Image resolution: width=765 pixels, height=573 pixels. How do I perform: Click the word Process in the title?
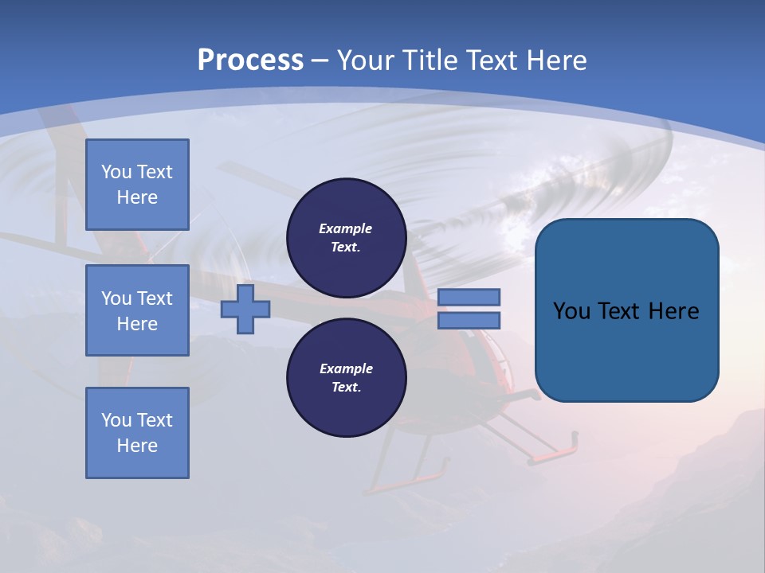(250, 60)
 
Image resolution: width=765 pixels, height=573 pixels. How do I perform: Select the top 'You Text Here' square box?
(137, 185)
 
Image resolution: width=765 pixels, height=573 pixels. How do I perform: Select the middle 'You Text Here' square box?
(137, 310)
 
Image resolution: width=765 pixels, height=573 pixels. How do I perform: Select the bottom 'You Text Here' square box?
(137, 432)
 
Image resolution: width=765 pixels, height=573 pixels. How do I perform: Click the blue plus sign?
(245, 309)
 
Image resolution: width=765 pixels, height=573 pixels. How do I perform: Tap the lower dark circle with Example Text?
(346, 378)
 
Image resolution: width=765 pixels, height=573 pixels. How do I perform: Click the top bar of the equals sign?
(469, 297)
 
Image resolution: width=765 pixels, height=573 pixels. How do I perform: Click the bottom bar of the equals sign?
(469, 321)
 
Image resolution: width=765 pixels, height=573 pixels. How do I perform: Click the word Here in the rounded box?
(673, 311)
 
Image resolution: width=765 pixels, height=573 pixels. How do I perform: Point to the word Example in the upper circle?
(346, 228)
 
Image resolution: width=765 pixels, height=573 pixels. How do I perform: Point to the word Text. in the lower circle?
(346, 388)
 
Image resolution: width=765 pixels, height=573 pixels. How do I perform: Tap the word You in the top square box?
(116, 172)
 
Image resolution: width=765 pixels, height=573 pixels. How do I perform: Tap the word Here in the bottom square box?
(137, 446)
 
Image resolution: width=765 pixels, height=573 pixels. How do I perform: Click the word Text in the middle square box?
(155, 298)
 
